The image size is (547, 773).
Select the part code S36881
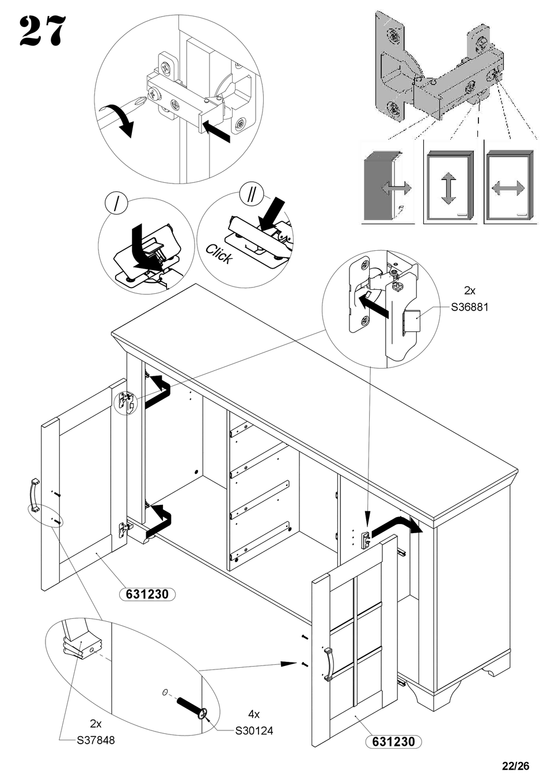[x=469, y=307]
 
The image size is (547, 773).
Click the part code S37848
[x=96, y=740]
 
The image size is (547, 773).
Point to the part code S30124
[x=254, y=730]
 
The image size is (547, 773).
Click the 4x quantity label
[x=254, y=714]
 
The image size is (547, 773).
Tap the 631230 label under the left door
[x=147, y=594]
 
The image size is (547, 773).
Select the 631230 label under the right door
[x=393, y=742]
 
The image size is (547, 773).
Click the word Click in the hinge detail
[x=219, y=254]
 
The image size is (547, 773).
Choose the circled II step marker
[x=251, y=194]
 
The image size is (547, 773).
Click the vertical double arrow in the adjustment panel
[x=449, y=188]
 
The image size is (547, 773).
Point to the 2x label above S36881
[x=469, y=290]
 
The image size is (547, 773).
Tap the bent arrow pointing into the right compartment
[x=397, y=525]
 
